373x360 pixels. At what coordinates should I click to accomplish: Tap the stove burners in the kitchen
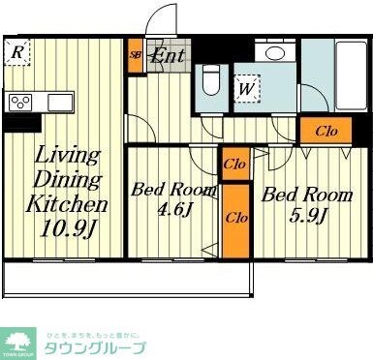click(19, 102)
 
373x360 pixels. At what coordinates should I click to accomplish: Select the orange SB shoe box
click(136, 55)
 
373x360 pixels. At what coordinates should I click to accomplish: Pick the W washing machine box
click(246, 89)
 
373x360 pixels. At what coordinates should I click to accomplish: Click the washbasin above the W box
click(275, 54)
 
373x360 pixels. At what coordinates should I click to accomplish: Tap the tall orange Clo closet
click(234, 218)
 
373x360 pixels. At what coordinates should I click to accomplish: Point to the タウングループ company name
click(93, 346)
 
